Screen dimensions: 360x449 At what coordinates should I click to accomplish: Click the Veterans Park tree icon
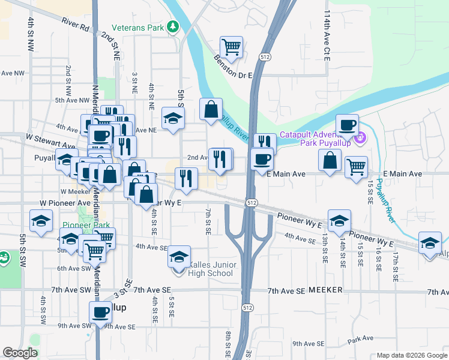[x=173, y=26]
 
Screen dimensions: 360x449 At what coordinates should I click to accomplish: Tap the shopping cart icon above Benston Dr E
[x=231, y=46]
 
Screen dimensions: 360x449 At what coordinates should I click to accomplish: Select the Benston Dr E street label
[x=234, y=67]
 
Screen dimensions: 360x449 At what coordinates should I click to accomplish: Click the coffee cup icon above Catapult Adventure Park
[x=347, y=124]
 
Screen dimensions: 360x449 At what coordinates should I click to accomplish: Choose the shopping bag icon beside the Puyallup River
[x=211, y=109]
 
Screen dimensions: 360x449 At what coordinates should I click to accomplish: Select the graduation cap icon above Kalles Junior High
[x=179, y=256]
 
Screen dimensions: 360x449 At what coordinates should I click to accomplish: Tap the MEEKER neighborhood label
[x=325, y=290]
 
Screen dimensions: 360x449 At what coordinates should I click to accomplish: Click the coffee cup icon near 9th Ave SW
[x=100, y=311]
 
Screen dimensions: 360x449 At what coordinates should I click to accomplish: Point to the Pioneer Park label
[x=86, y=225]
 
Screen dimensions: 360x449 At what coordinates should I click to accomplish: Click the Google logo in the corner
[x=20, y=353]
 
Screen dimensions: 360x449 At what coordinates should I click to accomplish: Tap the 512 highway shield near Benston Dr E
[x=265, y=56]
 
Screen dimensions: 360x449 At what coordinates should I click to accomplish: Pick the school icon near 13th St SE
[x=339, y=220]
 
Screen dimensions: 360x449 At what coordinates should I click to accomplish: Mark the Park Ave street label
[x=363, y=338]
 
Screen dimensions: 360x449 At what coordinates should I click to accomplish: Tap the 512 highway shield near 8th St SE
[x=247, y=307]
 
